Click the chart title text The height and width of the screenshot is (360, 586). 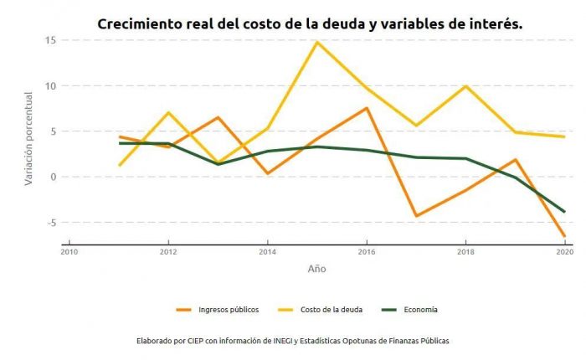coord(310,23)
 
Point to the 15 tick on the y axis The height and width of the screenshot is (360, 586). coord(50,40)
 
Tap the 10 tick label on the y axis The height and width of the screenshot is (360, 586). coord(50,86)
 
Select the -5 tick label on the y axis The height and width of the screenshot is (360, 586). coord(50,223)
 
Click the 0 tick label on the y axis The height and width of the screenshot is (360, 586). coord(53,177)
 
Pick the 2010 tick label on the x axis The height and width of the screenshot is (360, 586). coord(69,251)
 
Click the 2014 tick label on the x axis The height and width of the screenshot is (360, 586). coord(267,251)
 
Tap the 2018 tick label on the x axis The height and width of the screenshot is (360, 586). coord(465,251)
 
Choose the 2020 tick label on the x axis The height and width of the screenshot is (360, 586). coord(563,251)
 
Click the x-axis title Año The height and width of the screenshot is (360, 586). coord(316,269)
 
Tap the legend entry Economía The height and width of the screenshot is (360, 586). coord(418,310)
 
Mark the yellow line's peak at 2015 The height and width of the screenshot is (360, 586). coord(317,42)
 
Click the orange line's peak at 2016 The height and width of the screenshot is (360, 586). coord(367,108)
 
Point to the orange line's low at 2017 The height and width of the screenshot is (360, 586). coord(416,216)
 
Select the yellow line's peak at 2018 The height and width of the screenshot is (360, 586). coord(465,86)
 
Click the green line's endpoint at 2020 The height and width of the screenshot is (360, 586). coord(564,212)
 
